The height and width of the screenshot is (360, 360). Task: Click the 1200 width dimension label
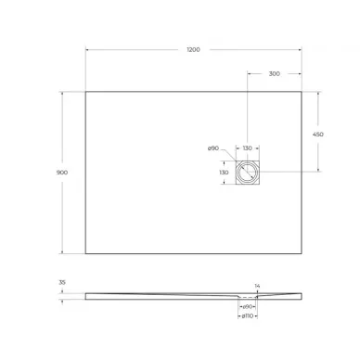click(x=193, y=48)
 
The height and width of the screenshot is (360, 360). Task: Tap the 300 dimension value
click(x=275, y=72)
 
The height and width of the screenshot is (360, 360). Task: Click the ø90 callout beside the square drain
click(x=212, y=148)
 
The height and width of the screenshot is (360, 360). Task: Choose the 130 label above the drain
click(x=248, y=148)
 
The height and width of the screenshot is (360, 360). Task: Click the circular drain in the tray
click(x=248, y=172)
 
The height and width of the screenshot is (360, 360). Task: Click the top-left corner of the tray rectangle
click(x=86, y=90)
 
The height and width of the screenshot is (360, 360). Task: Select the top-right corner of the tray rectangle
click(x=302, y=90)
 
